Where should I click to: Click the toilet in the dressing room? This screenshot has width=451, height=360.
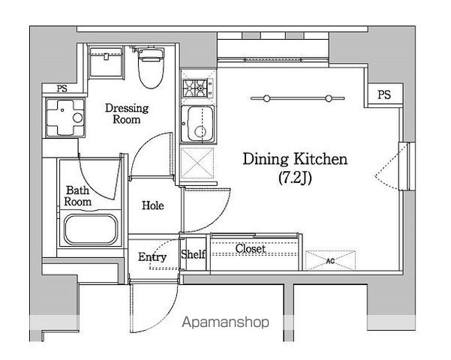point(151,67)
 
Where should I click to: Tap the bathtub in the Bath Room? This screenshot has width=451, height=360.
point(91,229)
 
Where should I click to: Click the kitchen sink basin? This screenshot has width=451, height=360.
point(197,124)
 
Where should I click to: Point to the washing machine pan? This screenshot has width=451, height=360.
point(65,118)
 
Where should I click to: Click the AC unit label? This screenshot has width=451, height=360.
point(330,261)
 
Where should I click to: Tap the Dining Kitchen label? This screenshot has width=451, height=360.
point(295,159)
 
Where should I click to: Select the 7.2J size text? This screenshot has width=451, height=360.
point(295,178)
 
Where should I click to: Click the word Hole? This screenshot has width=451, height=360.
point(153,205)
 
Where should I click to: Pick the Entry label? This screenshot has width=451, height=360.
point(152,256)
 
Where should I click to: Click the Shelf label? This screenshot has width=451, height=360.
point(194,254)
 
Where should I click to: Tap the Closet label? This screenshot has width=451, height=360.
point(250,248)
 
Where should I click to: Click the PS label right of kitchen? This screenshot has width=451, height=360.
point(384,94)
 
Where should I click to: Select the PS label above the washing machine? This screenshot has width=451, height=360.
point(62,88)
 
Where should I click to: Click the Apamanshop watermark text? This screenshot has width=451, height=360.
point(226,322)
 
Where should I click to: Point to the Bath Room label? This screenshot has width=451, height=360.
point(77,196)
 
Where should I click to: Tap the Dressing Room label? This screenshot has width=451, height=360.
point(127,113)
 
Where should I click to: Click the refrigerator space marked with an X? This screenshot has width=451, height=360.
point(197,163)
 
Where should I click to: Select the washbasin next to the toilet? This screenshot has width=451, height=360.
point(106,63)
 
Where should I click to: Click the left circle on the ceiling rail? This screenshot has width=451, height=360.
point(266,99)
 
